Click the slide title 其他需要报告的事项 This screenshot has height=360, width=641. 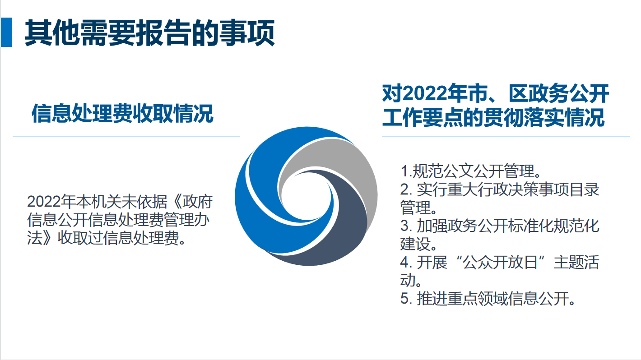tap(149, 32)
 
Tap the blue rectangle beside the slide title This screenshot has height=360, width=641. tap(6, 32)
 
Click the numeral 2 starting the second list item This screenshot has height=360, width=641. tap(404, 189)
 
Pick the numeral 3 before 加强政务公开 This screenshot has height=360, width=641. tap(404, 226)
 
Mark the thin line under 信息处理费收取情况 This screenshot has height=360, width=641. tap(126, 136)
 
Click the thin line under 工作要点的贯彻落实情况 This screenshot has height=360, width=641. tap(506, 136)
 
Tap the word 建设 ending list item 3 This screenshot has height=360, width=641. tap(413, 244)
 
